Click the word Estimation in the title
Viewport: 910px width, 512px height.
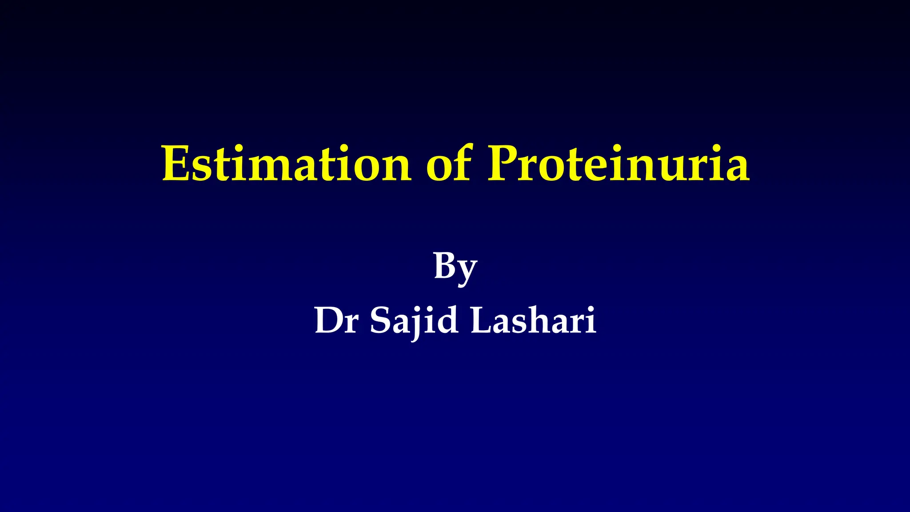coord(287,164)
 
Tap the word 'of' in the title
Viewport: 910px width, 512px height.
coord(448,164)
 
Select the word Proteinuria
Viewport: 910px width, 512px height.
coord(619,164)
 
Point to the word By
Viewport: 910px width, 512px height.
coord(455,267)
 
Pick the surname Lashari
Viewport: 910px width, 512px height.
coord(533,320)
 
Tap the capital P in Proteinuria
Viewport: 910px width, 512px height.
coord(505,164)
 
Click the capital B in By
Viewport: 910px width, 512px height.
coord(446,266)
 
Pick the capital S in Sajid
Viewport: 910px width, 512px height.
coord(380,320)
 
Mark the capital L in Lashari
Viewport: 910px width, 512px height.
coord(482,320)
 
